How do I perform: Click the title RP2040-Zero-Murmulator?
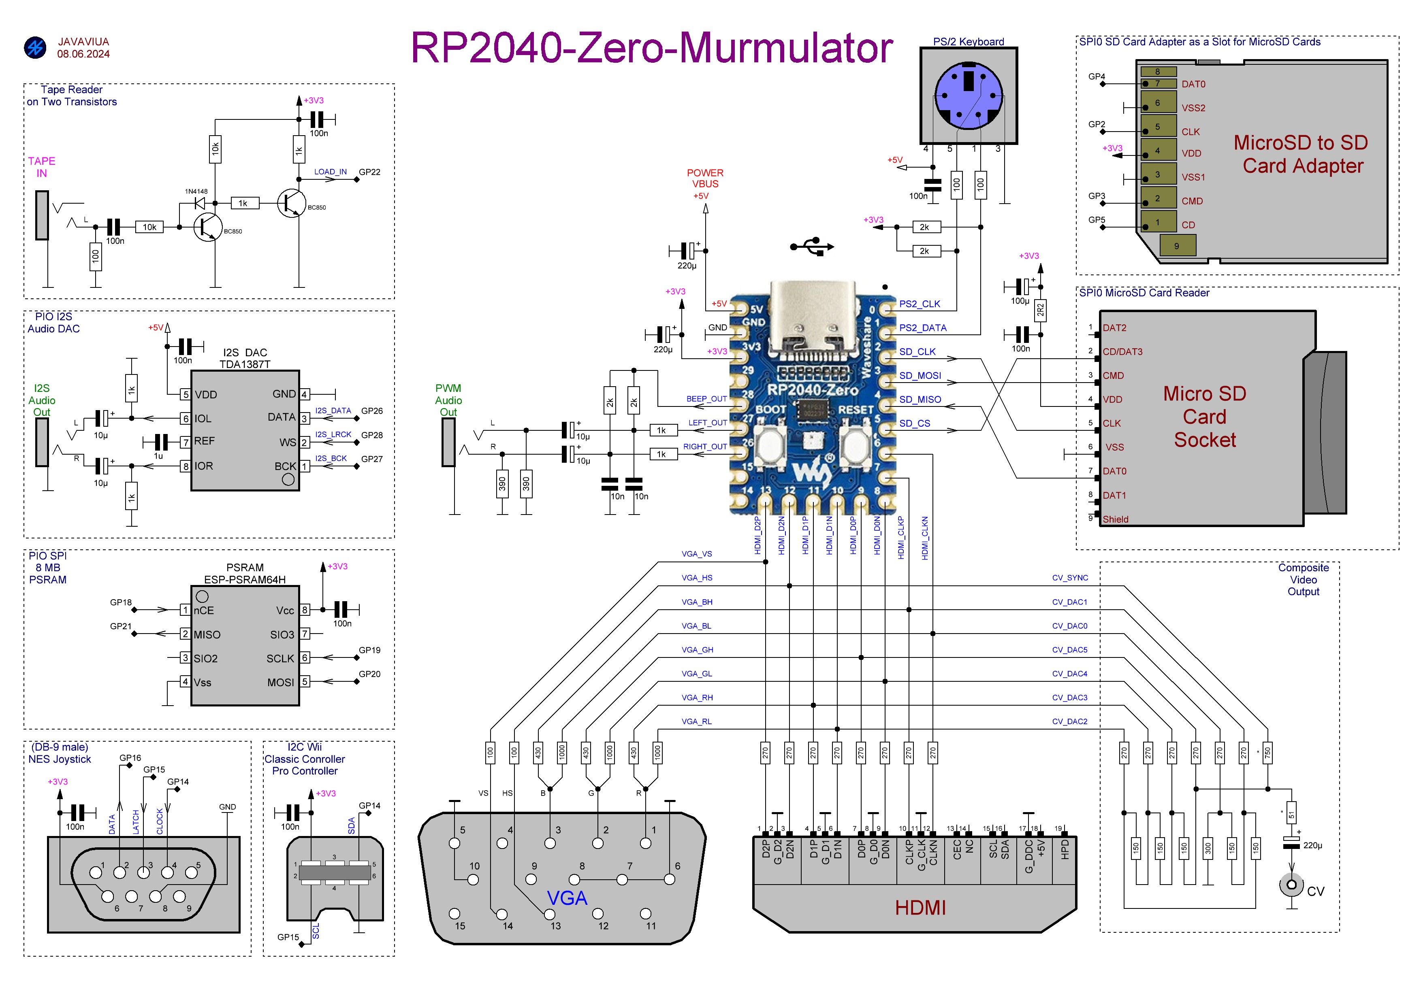[652, 48]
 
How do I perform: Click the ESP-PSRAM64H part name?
[245, 580]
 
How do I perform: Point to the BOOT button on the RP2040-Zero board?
[770, 444]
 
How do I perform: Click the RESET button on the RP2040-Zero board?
[856, 444]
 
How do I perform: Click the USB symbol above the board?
[812, 246]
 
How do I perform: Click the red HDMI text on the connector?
[920, 908]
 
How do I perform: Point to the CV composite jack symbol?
[1292, 885]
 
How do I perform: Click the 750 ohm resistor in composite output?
[1267, 753]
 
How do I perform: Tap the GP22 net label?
[369, 172]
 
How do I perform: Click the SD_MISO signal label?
[920, 400]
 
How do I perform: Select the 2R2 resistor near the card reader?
[1040, 311]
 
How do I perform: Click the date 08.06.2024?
[83, 54]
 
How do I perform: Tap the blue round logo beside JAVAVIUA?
[35, 48]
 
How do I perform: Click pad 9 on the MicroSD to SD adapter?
[1177, 246]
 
